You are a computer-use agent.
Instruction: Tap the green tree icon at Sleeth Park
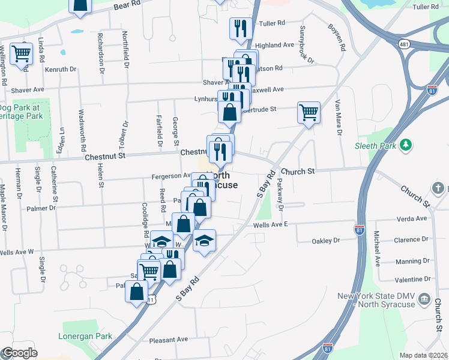(406, 145)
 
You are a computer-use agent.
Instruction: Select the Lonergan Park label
(82, 336)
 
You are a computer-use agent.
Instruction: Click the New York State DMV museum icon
(424, 299)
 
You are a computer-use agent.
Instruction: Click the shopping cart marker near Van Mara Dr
(309, 112)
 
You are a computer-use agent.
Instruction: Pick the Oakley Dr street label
(326, 240)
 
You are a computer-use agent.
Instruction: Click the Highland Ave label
(274, 45)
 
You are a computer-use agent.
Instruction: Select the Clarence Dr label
(411, 239)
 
